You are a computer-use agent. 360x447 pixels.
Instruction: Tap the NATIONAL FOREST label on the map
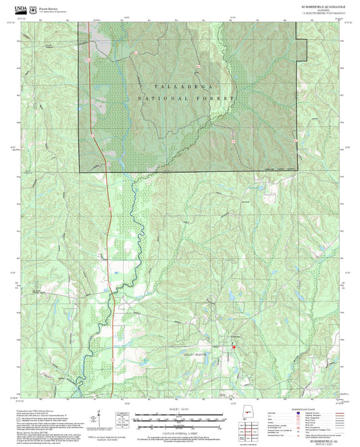point(186,99)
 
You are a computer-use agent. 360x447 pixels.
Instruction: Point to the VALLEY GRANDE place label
point(198,354)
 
